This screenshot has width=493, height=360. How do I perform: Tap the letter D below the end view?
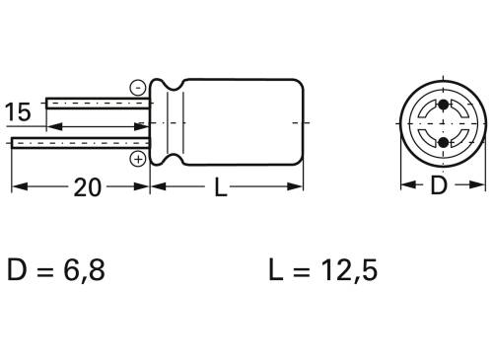point(442,186)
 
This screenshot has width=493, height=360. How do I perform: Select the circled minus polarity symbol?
point(138,87)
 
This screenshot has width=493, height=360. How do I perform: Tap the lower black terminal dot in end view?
point(442,143)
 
